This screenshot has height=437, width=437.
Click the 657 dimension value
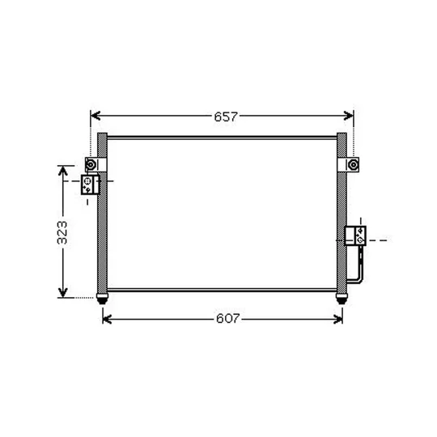click(x=226, y=117)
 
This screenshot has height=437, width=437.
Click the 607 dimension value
click(x=227, y=318)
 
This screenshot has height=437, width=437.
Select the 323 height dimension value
click(x=62, y=233)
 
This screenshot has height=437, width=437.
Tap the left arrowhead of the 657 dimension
click(x=95, y=116)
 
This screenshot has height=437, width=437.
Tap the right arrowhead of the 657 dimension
click(x=349, y=116)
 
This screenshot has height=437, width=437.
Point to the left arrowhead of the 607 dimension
click(x=108, y=319)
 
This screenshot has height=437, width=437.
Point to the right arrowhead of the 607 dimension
click(x=337, y=319)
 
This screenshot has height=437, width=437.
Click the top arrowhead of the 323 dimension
click(x=63, y=171)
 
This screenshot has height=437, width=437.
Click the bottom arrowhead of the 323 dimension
click(x=63, y=292)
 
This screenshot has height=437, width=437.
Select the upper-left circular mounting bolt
click(x=91, y=165)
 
